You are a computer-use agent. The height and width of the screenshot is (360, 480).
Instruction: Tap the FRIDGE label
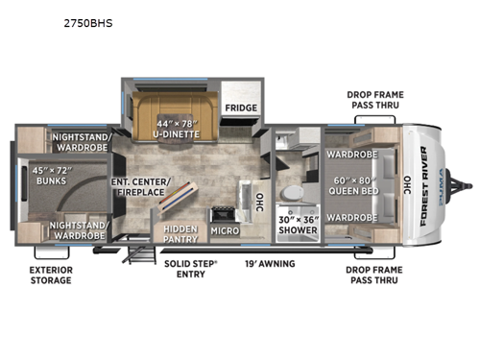point(237,108)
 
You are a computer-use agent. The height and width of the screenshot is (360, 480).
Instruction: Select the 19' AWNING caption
point(268,263)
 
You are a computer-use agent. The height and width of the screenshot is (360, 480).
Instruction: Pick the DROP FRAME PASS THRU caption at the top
point(374,100)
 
